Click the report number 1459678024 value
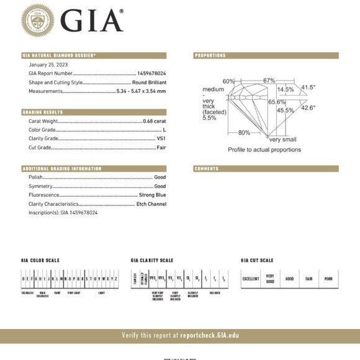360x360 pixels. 151,73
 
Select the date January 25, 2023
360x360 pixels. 48,64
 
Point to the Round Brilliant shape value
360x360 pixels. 149,83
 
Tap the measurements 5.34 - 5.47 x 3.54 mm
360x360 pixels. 141,91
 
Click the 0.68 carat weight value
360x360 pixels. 155,121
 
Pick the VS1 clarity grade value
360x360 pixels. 161,139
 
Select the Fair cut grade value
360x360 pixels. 161,148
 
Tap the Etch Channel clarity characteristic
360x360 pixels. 151,204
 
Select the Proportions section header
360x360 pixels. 210,56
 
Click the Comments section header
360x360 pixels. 207,168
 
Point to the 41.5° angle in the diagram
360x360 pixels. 308,88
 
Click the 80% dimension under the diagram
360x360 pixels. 244,133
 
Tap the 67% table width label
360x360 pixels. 269,81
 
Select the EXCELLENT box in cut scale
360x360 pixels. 251,279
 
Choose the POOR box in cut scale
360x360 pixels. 328,279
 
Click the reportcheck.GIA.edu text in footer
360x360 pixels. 210,335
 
